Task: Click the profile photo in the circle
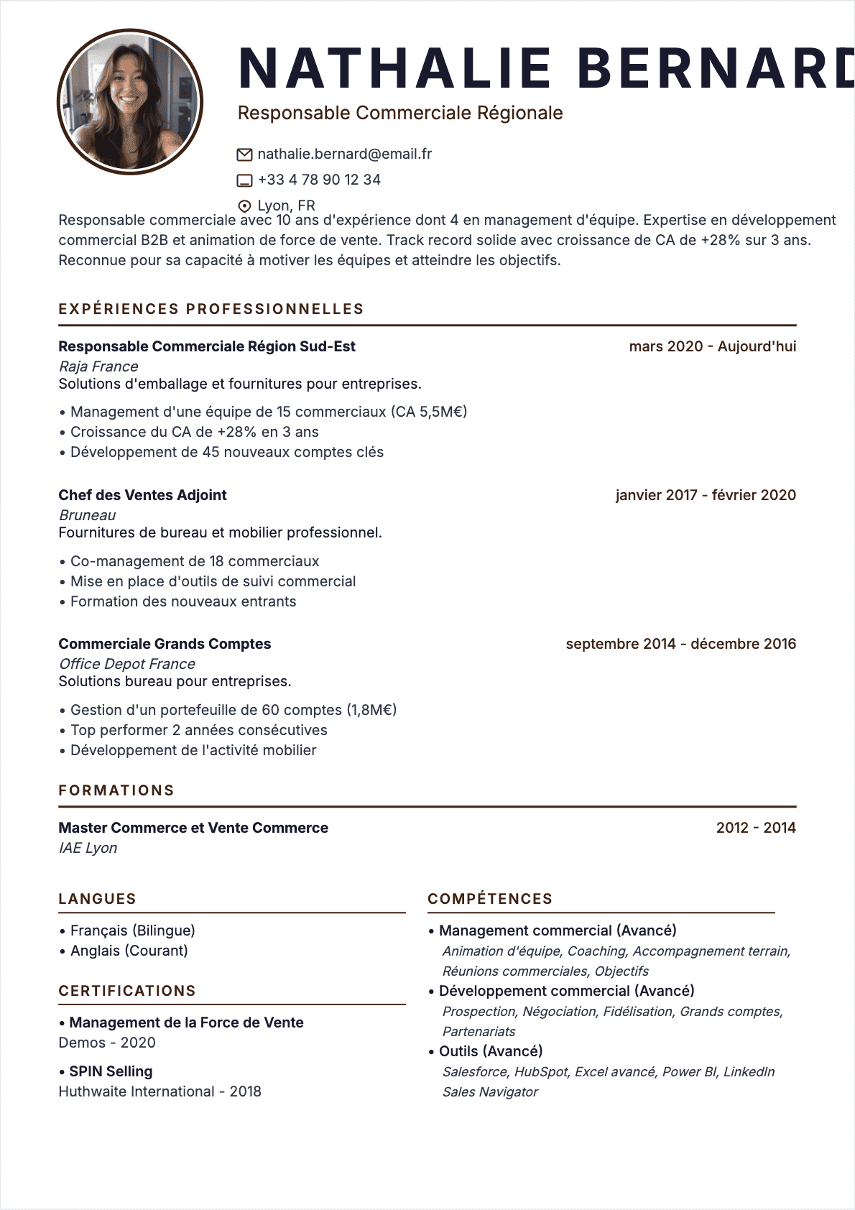[x=130, y=101]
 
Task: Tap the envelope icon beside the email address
[x=244, y=154]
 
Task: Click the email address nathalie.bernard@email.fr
[x=344, y=154]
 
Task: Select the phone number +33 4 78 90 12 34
[x=319, y=180]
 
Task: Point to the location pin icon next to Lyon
[x=244, y=206]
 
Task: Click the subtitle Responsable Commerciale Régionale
[x=400, y=113]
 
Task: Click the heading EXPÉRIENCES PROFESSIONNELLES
[x=211, y=309]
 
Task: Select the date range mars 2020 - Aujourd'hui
[x=712, y=346]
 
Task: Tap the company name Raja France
[x=98, y=366]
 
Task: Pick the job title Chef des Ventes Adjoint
[x=142, y=495]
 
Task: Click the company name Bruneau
[x=87, y=515]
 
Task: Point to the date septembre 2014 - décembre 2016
[x=680, y=644]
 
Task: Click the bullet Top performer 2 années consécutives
[x=198, y=730]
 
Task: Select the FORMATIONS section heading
[x=116, y=790]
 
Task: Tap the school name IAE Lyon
[x=88, y=848]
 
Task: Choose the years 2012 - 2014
[x=756, y=828]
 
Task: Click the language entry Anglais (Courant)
[x=129, y=951]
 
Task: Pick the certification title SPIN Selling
[x=111, y=1071]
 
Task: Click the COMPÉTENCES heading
[x=490, y=899]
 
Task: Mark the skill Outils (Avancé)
[x=491, y=1051]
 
